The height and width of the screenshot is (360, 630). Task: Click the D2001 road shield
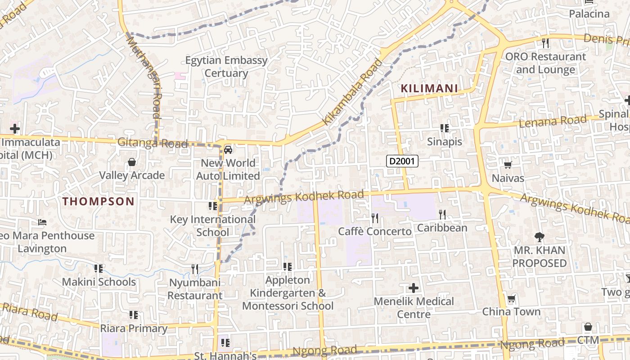402,161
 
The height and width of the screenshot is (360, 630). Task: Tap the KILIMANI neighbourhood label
429,89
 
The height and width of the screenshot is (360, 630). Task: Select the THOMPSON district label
99,201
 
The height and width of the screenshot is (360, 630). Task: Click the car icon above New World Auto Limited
228,149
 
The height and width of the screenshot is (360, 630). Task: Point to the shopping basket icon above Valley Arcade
132,162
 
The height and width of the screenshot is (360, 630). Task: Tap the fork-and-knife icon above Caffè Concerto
375,218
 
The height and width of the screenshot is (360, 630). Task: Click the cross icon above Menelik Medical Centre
414,288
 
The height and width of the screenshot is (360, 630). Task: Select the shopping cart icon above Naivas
508,165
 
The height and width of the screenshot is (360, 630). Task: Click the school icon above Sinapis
445,128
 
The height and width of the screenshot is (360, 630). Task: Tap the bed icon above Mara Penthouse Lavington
42,222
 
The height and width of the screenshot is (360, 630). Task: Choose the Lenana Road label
553,121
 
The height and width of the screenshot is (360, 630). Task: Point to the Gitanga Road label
152,143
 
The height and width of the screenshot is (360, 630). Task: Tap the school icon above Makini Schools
99,269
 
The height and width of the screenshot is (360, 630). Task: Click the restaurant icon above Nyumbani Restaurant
195,269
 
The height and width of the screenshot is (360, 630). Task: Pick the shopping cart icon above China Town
511,298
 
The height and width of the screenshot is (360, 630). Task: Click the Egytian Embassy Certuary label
227,67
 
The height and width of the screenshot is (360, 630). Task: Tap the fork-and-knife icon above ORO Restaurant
545,43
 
